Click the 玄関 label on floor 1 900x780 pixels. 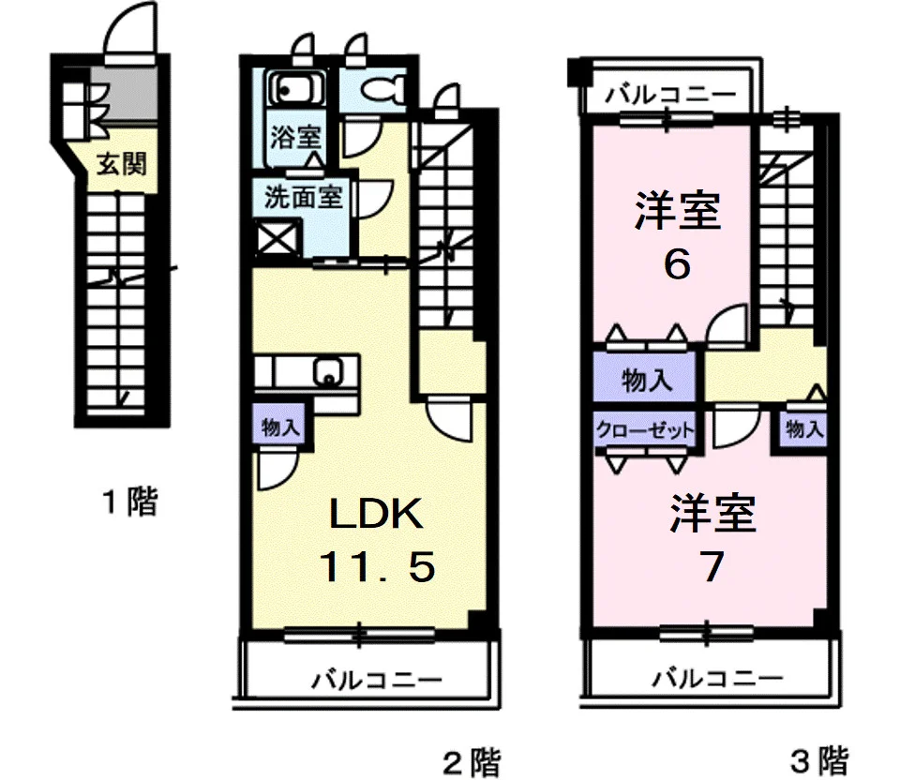(121, 165)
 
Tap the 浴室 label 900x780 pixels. (296, 137)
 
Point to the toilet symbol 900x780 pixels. (384, 90)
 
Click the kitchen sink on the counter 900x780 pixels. (327, 371)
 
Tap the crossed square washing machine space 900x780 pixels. (278, 237)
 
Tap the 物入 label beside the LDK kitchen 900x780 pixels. (280, 428)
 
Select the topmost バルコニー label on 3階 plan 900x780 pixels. (670, 94)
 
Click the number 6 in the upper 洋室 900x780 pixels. (677, 265)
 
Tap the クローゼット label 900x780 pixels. (646, 430)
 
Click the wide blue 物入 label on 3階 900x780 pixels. (646, 381)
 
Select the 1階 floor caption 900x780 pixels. (130, 503)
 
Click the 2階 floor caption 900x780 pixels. (472, 759)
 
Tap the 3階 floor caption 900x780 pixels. (818, 759)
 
